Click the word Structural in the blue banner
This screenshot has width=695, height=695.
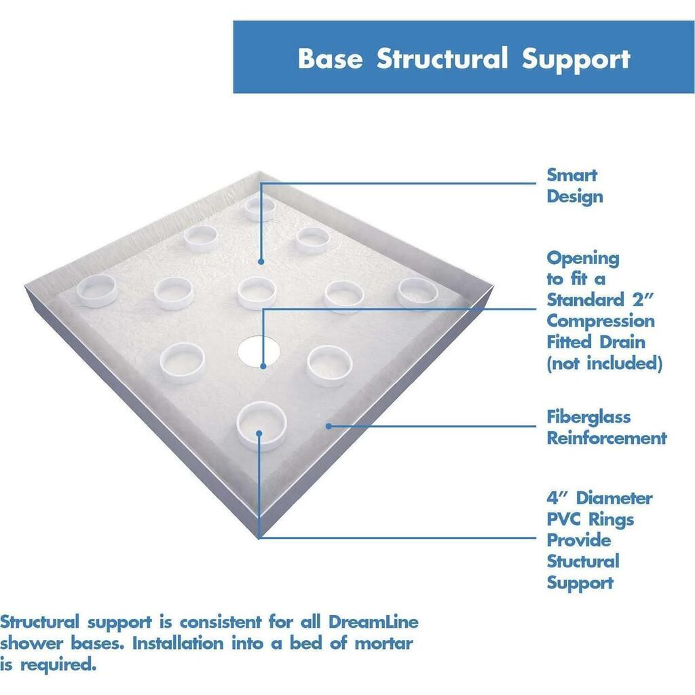pos(442,58)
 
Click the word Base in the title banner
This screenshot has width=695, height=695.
pos(331,58)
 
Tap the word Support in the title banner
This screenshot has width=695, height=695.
pos(576,60)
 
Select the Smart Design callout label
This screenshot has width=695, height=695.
pos(574,186)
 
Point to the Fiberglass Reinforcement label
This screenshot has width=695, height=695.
pos(607,428)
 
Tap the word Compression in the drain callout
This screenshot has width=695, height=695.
pos(601,321)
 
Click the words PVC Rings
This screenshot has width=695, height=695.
pos(590,519)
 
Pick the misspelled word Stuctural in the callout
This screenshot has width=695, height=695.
pos(583,561)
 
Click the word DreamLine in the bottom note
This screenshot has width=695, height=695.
pos(374,622)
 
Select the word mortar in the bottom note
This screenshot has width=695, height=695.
pos(384,643)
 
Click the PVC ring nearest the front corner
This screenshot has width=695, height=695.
pos(261,426)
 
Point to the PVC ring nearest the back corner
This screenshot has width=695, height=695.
pos(260,209)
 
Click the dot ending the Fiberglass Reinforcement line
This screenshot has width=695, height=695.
pos(328,426)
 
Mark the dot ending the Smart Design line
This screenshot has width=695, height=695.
pos(261,261)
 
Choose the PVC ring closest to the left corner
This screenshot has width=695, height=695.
pos(97,290)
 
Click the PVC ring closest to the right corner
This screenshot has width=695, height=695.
pos(417,293)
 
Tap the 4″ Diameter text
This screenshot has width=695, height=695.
pos(599,497)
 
